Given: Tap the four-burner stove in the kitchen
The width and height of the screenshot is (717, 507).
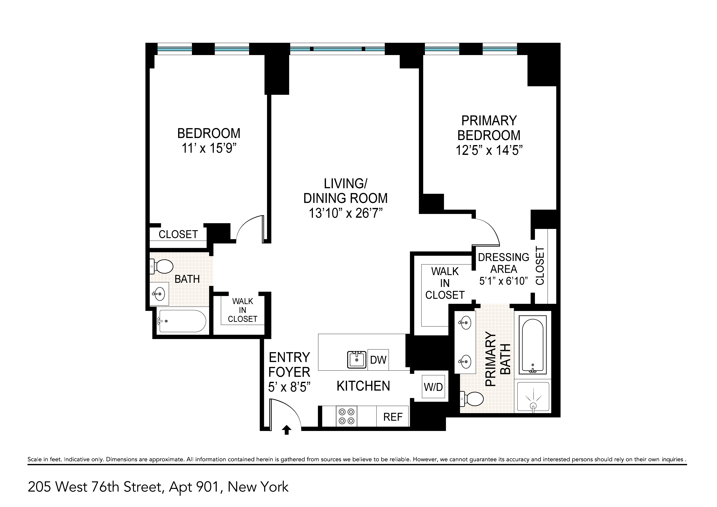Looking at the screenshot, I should click(x=346, y=416).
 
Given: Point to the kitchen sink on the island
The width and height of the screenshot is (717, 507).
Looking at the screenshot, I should click(x=357, y=360).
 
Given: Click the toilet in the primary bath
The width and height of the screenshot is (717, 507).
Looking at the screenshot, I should click(x=473, y=399).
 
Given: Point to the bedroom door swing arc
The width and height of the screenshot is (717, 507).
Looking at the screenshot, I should click(x=248, y=228).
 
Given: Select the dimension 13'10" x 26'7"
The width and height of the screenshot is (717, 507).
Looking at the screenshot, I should click(x=346, y=213).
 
